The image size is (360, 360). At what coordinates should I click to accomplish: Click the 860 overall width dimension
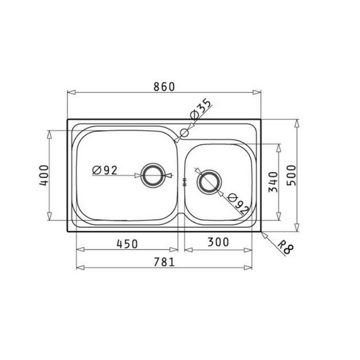(164, 86)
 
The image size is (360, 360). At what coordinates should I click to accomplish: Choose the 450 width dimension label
(127, 243)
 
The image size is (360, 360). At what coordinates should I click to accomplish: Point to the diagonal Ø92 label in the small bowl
(238, 203)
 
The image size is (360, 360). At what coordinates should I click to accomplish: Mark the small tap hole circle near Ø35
(184, 130)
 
